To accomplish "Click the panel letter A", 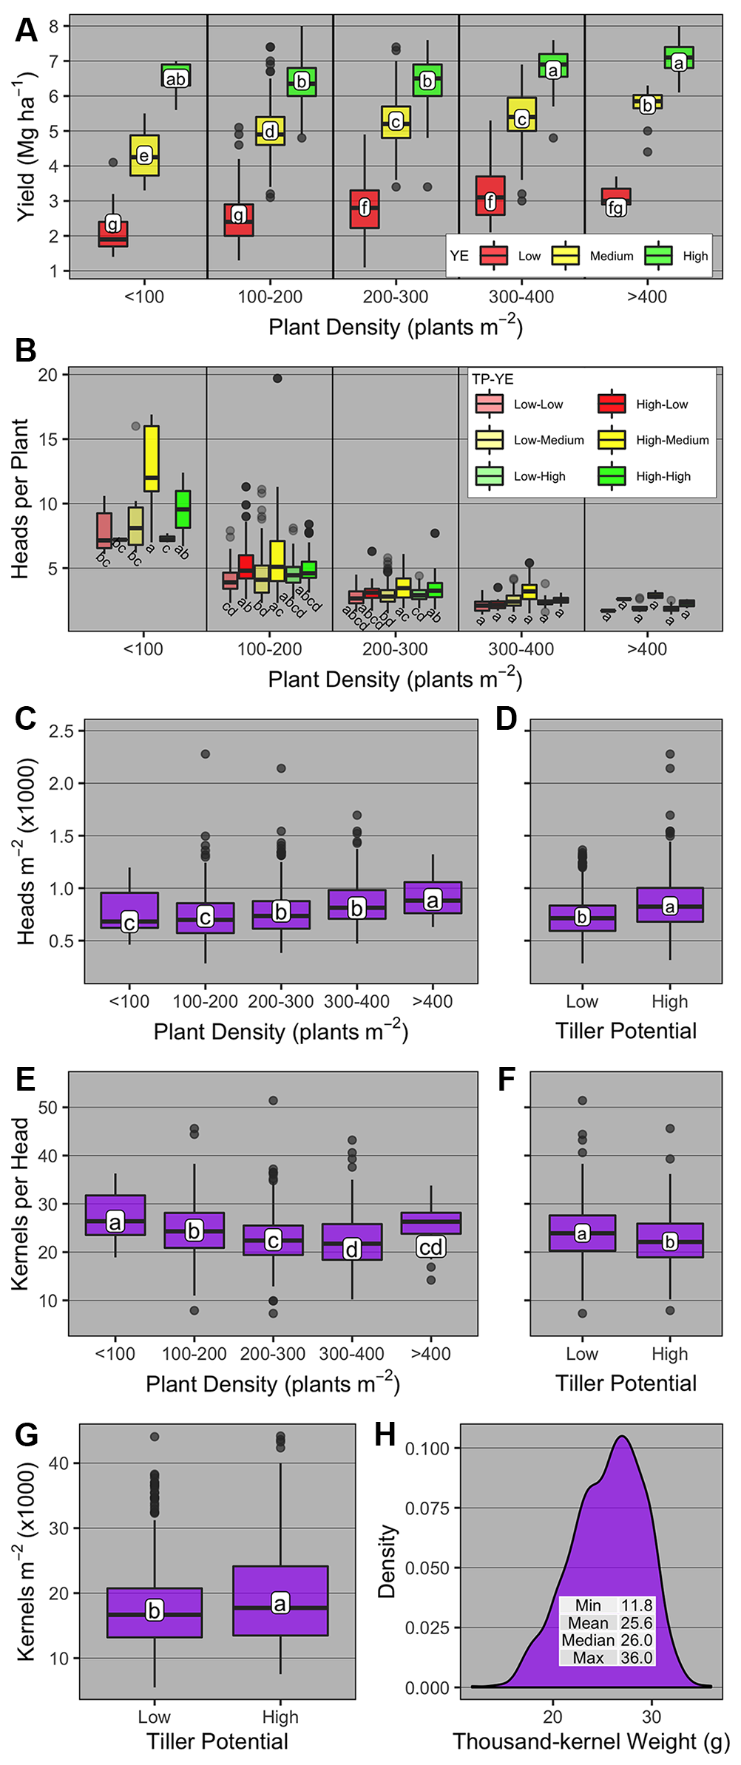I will click(26, 30).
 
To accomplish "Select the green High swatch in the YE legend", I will click(657, 255).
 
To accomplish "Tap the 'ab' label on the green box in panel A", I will click(176, 79).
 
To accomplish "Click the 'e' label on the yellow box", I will click(144, 155).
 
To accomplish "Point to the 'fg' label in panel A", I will click(615, 208).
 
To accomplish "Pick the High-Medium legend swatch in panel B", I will click(612, 440).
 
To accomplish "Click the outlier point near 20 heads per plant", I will click(277, 379).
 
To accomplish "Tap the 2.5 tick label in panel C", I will click(61, 731).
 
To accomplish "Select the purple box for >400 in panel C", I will click(433, 898).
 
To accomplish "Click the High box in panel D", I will click(670, 905).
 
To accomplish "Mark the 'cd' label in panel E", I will click(430, 1247).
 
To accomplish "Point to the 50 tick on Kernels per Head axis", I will click(48, 1108).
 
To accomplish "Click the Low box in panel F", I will click(582, 1233).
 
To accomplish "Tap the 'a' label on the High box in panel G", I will click(280, 1603).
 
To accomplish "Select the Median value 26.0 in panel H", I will click(636, 1640).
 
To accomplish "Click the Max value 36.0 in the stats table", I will click(636, 1657).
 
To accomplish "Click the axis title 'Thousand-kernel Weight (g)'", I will click(591, 1741).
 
